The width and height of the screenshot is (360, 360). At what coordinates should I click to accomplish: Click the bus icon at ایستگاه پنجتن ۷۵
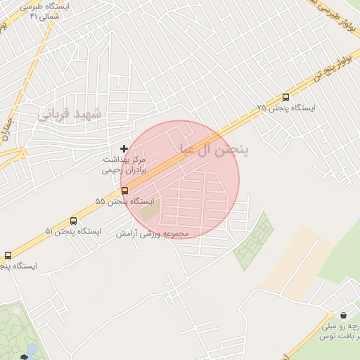[285, 98]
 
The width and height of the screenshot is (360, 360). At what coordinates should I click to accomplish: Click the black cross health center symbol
[124, 148]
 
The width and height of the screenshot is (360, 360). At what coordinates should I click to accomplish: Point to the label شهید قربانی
[69, 113]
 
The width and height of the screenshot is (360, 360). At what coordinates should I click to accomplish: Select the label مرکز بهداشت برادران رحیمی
[124, 165]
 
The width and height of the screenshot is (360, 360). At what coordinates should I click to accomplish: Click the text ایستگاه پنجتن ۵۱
[73, 230]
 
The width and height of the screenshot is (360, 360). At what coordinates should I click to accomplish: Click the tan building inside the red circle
[149, 210]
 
